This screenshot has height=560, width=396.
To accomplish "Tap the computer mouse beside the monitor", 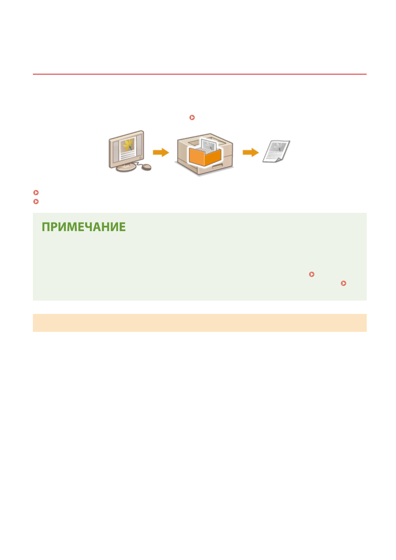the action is point(147,167).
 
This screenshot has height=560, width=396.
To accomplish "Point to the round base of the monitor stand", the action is point(126,168).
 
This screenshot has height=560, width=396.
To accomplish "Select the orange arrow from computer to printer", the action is point(161,153).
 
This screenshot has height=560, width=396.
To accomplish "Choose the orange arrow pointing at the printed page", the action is point(251,153).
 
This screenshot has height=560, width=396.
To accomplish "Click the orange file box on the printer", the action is point(205,156).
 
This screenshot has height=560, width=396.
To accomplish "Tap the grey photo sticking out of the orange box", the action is point(209,146).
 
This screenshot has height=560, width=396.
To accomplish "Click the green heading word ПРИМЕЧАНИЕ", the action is point(84,227).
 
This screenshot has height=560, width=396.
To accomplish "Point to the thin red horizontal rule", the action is point(199,74).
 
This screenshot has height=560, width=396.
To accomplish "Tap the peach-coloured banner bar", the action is point(199,323).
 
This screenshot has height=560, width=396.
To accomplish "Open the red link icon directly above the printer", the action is point(192,117).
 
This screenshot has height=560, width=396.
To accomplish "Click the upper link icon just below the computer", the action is point(36,193).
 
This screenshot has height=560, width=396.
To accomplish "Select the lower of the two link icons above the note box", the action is point(36,202).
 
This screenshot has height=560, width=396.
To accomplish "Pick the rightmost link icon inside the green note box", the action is point(343,283).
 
